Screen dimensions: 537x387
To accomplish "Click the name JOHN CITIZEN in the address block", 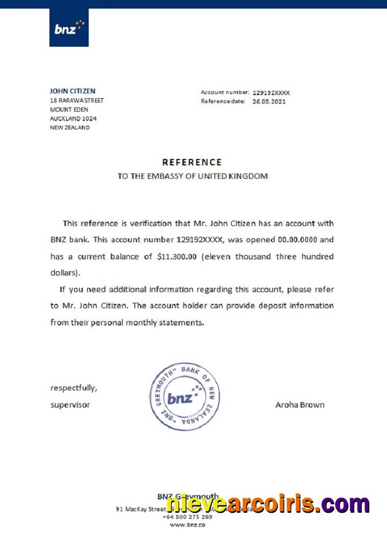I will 73,91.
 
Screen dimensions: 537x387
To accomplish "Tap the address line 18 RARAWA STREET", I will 77,100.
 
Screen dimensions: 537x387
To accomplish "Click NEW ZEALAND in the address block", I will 70,128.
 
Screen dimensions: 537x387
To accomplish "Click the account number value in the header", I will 271,93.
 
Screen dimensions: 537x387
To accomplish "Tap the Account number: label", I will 225,92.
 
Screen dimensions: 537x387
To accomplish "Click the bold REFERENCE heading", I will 192,162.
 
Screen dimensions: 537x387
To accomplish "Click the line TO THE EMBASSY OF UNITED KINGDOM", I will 192,176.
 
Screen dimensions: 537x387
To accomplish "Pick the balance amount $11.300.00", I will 177,257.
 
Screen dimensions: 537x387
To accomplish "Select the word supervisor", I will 70,405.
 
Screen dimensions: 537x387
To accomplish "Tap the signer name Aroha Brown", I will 300,405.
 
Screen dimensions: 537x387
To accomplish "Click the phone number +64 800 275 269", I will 187,517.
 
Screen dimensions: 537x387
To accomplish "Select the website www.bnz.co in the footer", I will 187,525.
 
